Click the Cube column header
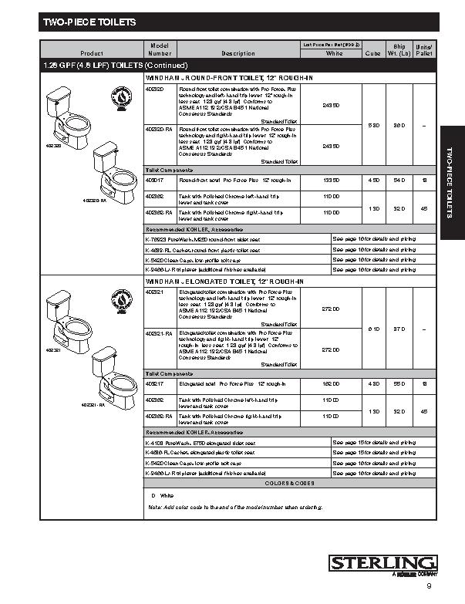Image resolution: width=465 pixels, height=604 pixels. tap(372, 53)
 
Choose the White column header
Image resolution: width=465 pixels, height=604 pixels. tap(334, 53)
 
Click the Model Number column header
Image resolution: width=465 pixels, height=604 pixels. tap(159, 49)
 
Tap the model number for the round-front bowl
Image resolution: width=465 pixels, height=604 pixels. tap(153, 180)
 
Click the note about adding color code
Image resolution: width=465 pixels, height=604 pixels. tap(235, 507)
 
